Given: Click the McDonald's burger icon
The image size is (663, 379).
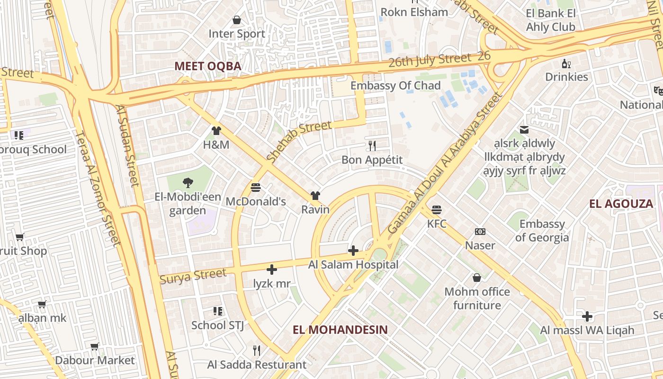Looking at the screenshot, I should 256,188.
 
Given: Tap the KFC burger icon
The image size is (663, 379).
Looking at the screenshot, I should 437,209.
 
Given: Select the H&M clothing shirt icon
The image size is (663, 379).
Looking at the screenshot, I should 216,131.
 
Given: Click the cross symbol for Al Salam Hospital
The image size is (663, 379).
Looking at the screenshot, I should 353,251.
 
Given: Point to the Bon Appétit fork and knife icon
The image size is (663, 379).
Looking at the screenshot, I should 372,145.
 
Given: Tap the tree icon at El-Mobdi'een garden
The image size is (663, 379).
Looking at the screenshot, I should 188,182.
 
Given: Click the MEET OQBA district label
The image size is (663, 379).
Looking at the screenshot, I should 208,66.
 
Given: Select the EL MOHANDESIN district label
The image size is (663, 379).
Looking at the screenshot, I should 340,330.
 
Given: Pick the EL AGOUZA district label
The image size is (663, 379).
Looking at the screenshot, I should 621,204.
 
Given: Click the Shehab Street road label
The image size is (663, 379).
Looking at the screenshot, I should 298,141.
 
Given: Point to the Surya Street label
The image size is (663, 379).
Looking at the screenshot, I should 193,276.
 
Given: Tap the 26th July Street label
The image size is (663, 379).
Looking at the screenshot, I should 430,61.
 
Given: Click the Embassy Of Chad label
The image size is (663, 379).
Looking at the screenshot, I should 395,86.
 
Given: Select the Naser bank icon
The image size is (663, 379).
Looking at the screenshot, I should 480,232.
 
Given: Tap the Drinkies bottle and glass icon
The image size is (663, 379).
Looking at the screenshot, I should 566,63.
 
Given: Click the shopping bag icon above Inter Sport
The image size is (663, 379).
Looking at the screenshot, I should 237,20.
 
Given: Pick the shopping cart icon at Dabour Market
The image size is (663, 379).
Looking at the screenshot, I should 95,347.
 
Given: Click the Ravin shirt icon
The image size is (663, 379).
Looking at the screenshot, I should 315,196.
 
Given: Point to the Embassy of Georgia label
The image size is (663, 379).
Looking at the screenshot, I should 542,231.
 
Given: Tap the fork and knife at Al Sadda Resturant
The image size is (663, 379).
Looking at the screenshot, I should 257,351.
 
